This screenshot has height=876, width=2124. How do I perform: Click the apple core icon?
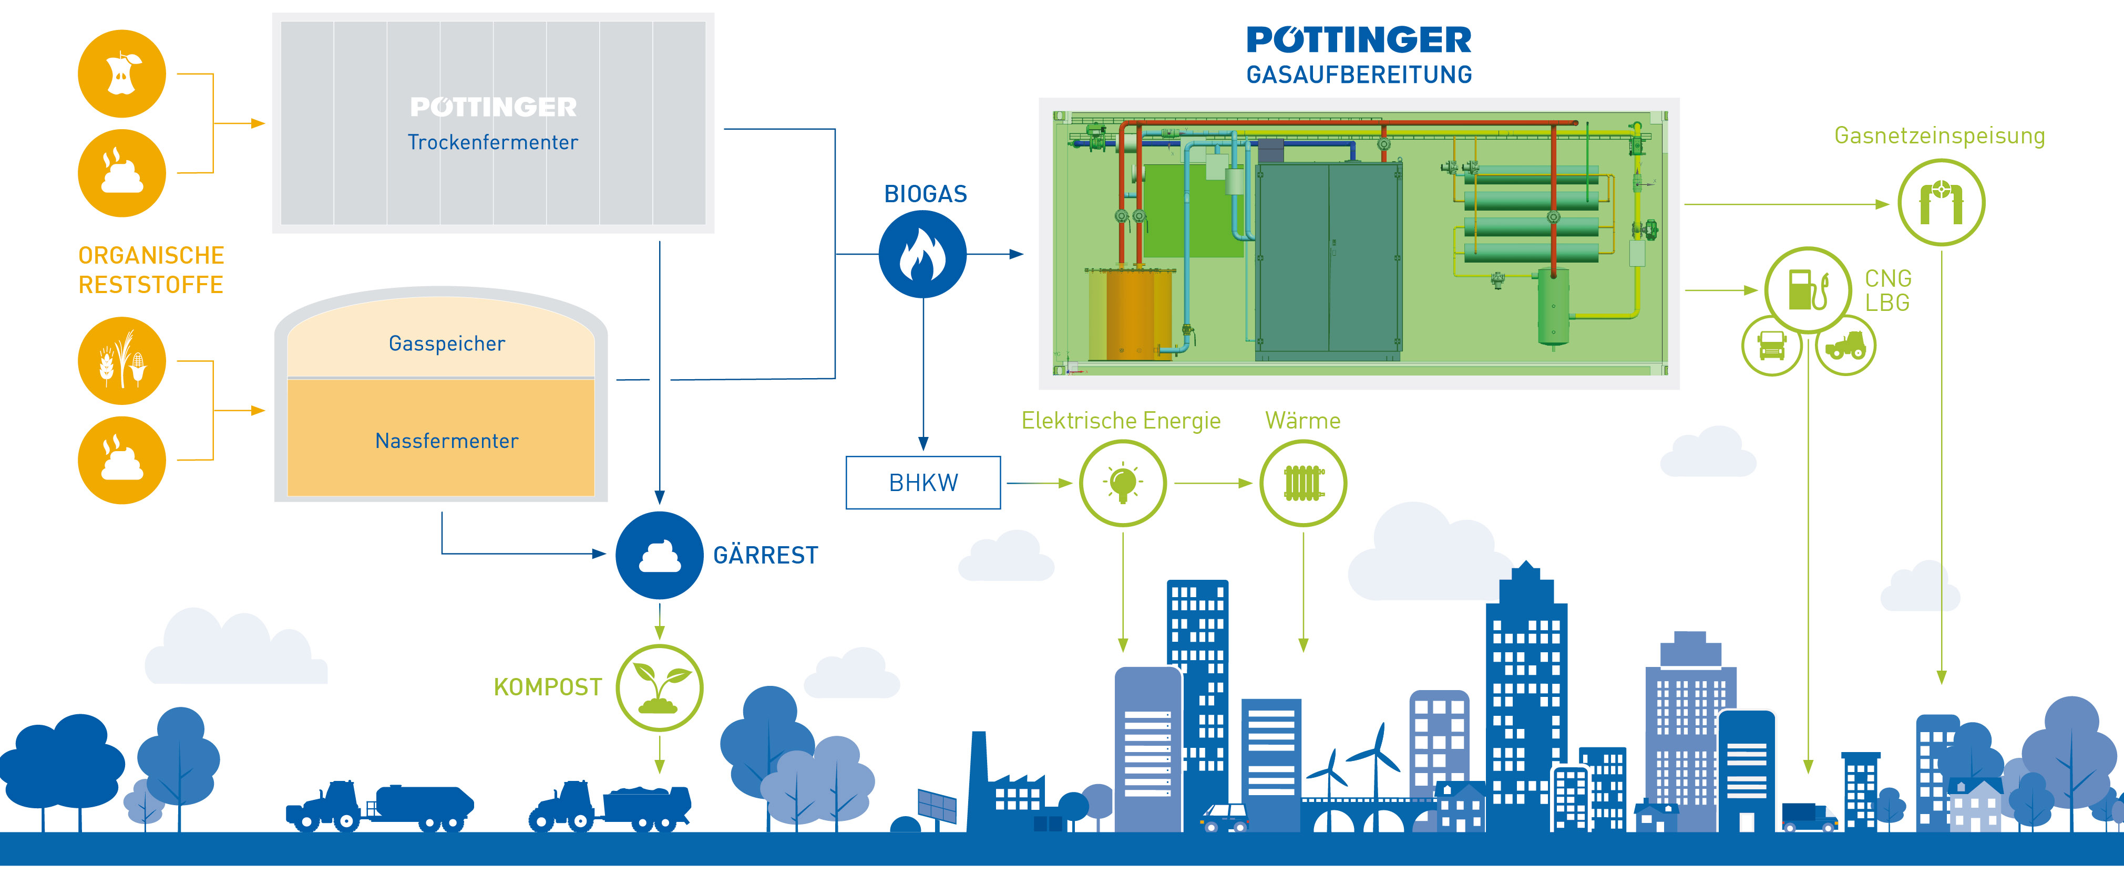pyautogui.click(x=122, y=74)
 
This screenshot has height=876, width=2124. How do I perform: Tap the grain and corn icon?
pyautogui.click(x=122, y=360)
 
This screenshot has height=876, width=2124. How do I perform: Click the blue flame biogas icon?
pyautogui.click(x=922, y=254)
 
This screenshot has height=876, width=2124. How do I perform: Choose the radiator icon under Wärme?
pyautogui.click(x=1303, y=483)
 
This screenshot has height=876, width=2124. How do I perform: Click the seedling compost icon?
pyautogui.click(x=659, y=687)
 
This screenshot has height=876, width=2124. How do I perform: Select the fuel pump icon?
pyautogui.click(x=1808, y=290)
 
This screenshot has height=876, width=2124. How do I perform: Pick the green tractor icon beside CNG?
pyautogui.click(x=1845, y=345)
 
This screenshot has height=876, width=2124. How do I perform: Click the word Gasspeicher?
pyautogui.click(x=447, y=343)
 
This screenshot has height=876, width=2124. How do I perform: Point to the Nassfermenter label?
pyautogui.click(x=447, y=441)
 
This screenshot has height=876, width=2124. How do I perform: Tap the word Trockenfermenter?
pyautogui.click(x=492, y=142)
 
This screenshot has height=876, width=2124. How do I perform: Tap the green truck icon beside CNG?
pyautogui.click(x=1771, y=345)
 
